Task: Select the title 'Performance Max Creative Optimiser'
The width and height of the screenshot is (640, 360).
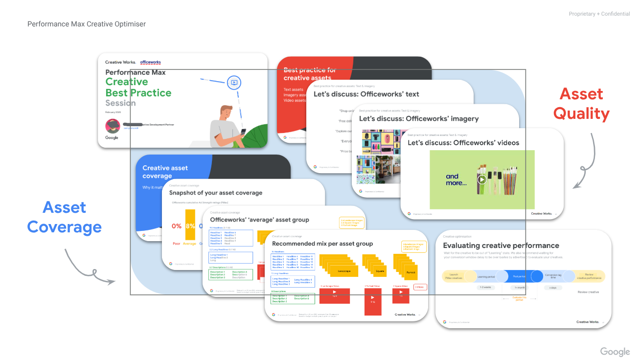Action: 87,24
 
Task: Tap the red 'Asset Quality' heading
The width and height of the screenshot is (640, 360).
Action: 581,104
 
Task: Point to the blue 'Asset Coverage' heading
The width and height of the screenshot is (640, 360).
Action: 65,217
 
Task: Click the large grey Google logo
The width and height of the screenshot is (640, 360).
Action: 615,352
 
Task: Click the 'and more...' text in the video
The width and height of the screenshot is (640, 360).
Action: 456,180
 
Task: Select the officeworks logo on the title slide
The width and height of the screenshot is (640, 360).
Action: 150,62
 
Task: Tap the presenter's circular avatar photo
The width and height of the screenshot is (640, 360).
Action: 113,126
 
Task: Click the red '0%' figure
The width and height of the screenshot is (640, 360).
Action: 177,226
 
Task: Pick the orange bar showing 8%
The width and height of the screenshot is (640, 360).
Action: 190,225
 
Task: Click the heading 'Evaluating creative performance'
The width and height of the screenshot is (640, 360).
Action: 501,246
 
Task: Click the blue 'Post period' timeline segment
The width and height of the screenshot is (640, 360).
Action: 519,276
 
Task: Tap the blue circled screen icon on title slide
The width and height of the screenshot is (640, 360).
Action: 234,83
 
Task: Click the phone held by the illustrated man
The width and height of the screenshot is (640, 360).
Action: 243,132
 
